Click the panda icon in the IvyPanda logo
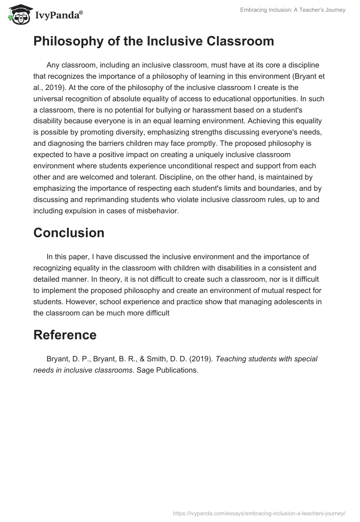[17, 15]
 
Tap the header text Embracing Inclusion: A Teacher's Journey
[293, 10]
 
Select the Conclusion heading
[69, 233]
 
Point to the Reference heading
[65, 335]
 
